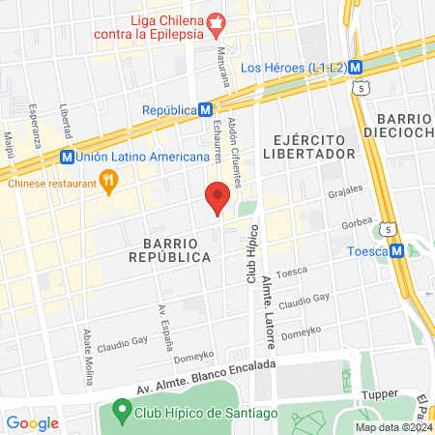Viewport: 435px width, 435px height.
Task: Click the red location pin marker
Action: click(x=217, y=198)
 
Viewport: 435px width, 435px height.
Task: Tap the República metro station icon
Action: click(x=206, y=110)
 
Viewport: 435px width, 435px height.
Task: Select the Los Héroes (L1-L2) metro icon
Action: click(x=356, y=68)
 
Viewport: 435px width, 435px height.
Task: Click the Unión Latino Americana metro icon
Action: click(x=66, y=156)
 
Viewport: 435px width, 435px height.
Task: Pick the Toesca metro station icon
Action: click(x=396, y=250)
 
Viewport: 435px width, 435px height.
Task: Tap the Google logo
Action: click(x=32, y=422)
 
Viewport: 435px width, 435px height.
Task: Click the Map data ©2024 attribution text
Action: click(x=393, y=427)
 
